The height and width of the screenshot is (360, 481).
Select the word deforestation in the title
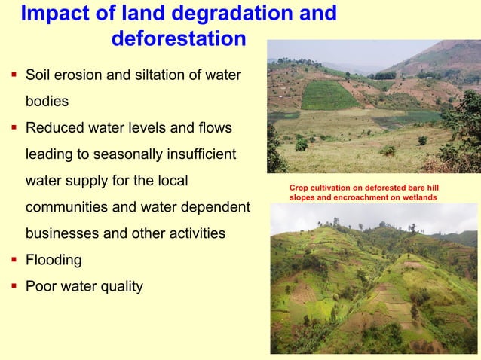coord(178,38)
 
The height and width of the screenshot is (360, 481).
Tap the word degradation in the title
coord(228,14)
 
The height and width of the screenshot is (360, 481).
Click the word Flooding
coord(54,261)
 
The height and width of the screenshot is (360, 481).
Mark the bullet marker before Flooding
coord(14,260)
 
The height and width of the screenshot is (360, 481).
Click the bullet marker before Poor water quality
coord(14,286)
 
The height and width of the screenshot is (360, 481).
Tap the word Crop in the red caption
coord(298,187)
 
